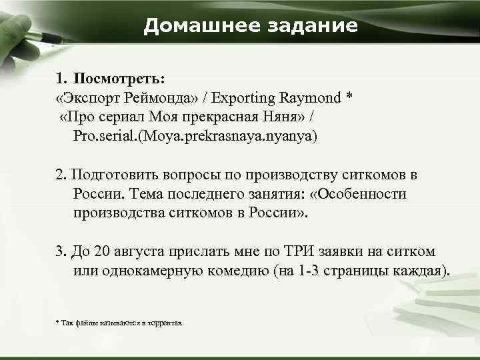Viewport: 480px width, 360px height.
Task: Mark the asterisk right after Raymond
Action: (x=349, y=97)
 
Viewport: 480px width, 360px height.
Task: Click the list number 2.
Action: (x=59, y=175)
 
